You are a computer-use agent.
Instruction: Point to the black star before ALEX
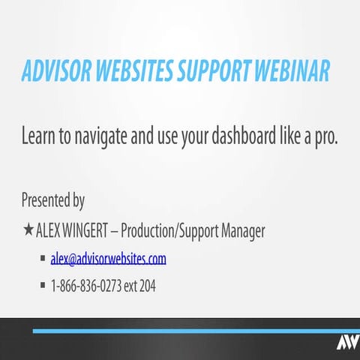click(x=28, y=229)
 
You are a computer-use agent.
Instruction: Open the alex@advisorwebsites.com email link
click(x=108, y=259)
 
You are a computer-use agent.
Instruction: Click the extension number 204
click(x=148, y=286)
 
